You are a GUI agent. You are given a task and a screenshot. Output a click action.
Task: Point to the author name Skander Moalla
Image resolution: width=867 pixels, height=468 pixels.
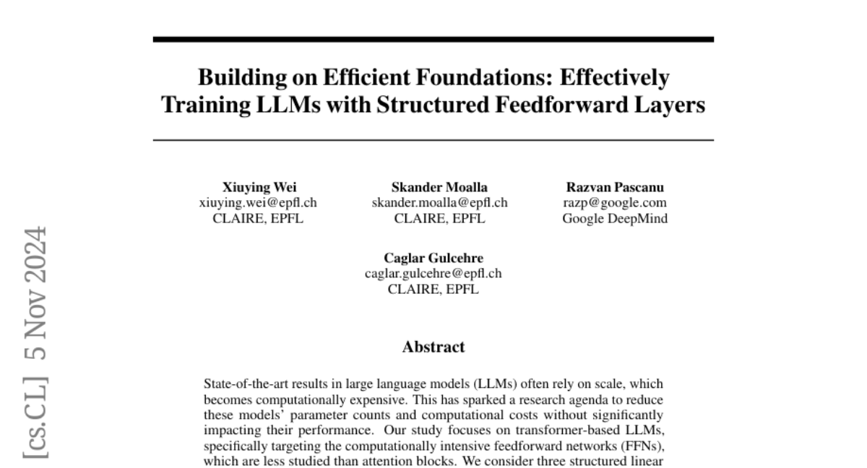click(x=439, y=187)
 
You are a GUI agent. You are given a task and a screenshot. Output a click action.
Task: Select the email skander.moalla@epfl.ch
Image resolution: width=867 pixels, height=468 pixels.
click(x=439, y=203)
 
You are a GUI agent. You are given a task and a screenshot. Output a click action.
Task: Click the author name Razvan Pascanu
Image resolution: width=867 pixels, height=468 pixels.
click(x=615, y=187)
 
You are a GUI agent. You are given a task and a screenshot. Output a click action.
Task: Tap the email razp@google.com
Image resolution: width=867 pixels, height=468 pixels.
click(x=615, y=203)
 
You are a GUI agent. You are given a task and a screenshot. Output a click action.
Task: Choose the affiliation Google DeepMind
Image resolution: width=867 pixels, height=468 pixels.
click(x=615, y=218)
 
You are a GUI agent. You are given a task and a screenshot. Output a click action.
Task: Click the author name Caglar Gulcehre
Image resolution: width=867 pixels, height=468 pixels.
click(x=433, y=258)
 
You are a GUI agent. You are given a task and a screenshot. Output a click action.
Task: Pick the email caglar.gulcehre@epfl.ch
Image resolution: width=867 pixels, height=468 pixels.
click(x=433, y=274)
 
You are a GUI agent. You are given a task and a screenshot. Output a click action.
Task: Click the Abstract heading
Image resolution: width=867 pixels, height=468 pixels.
click(x=433, y=347)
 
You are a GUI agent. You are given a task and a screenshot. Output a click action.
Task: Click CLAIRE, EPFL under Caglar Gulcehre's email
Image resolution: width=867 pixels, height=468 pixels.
click(x=433, y=289)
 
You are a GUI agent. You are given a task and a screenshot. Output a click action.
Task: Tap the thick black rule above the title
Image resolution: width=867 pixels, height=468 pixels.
click(x=433, y=39)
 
